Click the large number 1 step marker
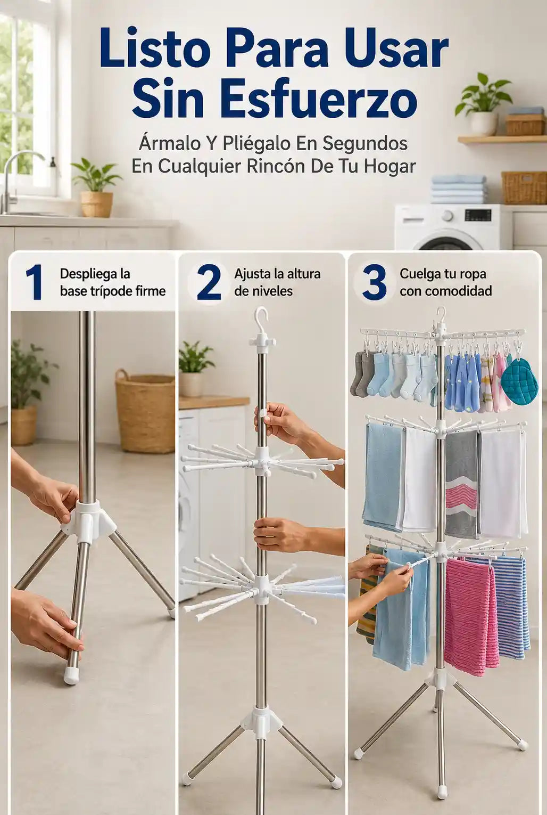35,283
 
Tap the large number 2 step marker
209,283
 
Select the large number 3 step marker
374,283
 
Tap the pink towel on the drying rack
471,617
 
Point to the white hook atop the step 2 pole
261,321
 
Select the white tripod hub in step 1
88,517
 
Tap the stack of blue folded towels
459,189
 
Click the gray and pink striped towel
461,484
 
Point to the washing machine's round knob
448,216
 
